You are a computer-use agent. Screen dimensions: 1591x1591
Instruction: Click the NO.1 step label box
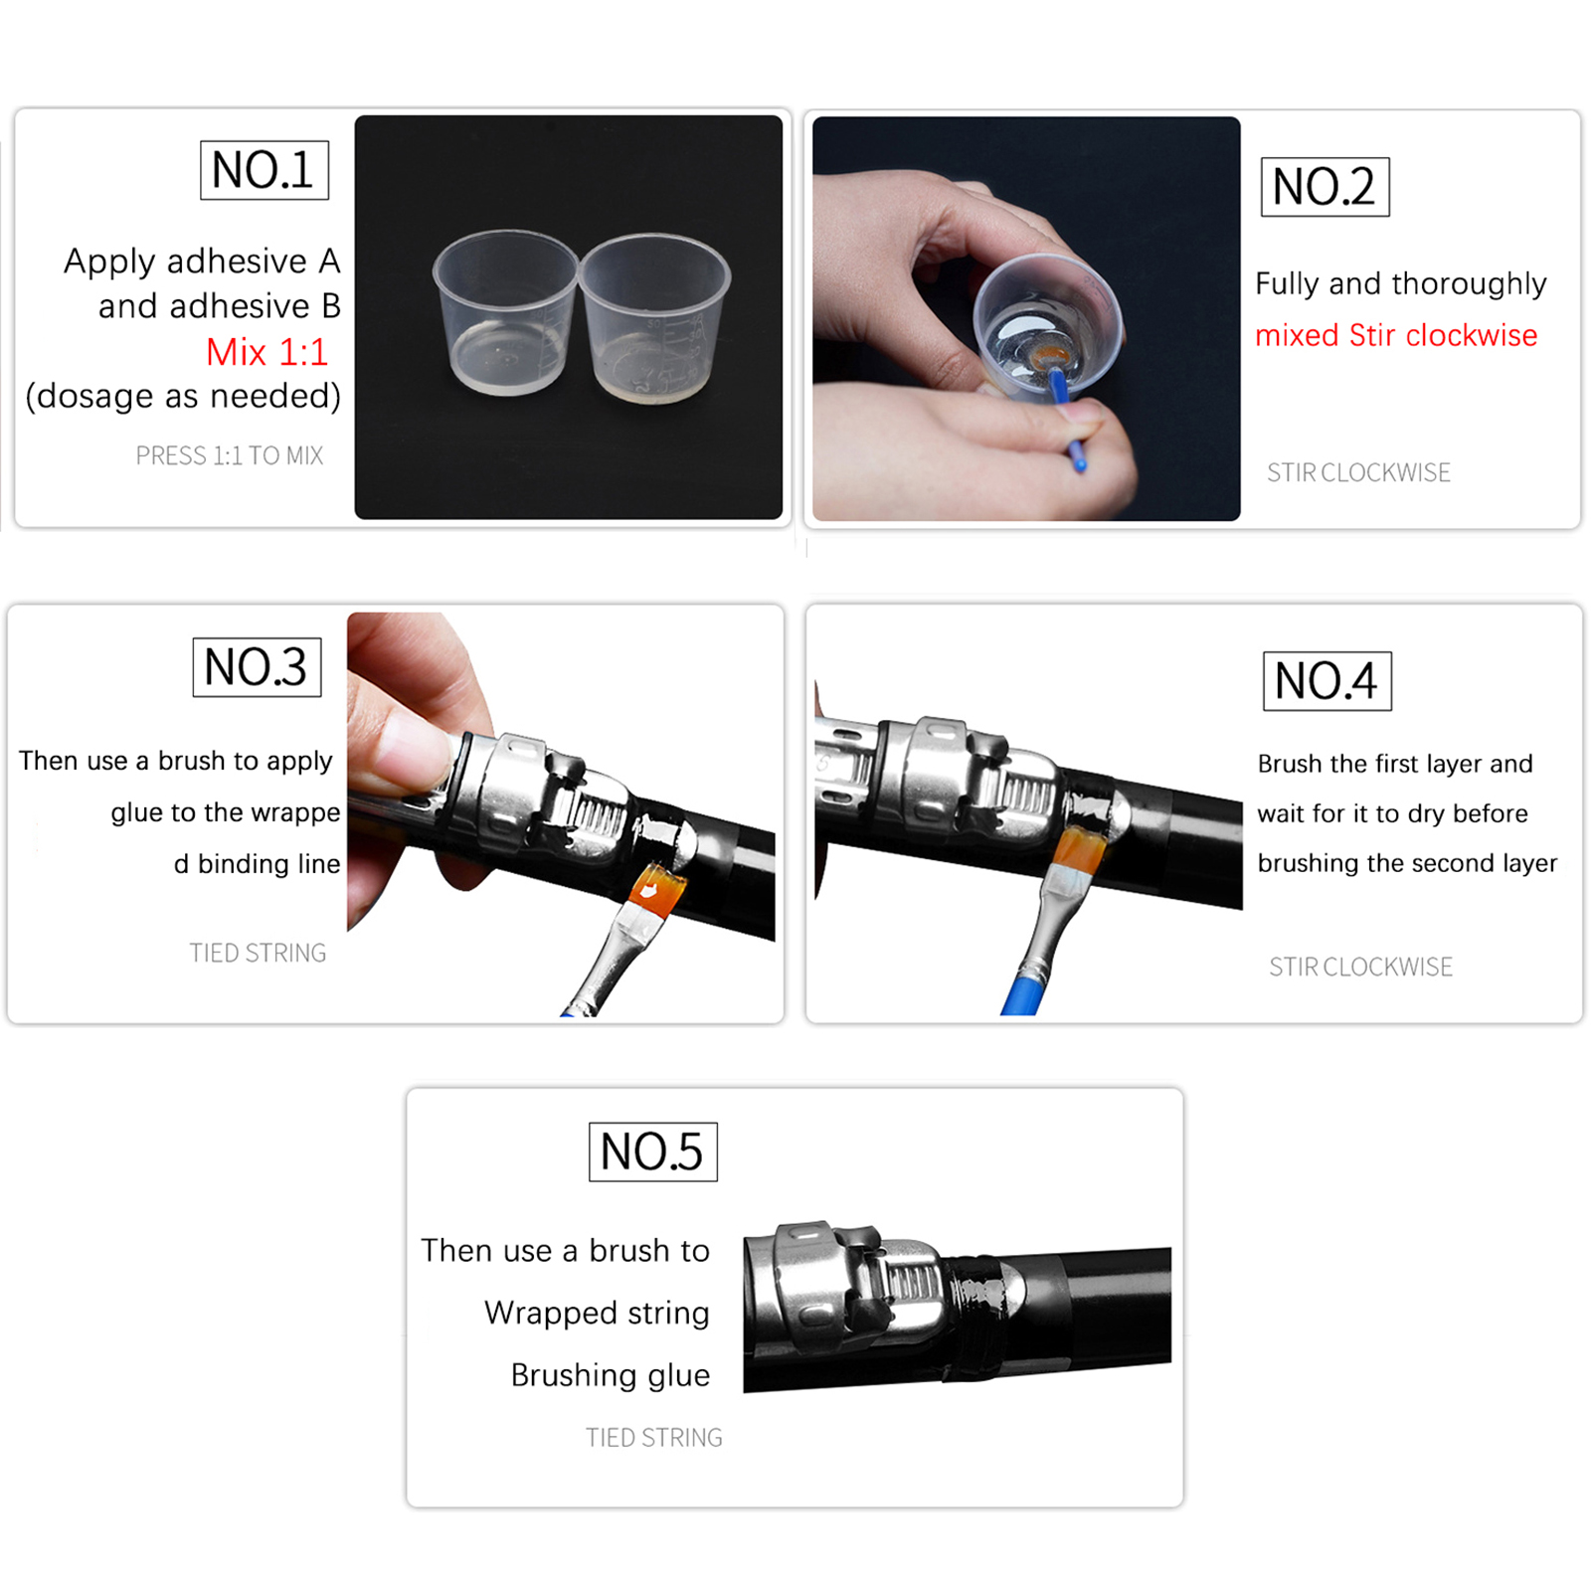(265, 170)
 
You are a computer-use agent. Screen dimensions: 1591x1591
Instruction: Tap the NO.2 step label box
(1325, 187)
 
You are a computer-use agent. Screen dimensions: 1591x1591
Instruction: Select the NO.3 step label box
(257, 667)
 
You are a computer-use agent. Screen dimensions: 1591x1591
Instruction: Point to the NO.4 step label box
(1327, 681)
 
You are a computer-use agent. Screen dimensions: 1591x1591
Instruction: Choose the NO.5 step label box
(652, 1151)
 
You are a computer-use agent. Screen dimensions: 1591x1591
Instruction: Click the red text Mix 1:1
(266, 352)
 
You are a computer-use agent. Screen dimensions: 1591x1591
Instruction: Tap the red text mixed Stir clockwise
(1396, 335)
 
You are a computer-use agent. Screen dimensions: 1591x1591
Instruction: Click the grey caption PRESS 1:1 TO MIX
(230, 455)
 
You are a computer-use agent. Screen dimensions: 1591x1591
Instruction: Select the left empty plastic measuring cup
(505, 312)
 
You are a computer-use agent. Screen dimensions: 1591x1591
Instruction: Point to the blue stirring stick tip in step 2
(1079, 462)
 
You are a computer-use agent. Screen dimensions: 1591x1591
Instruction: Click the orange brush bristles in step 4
(1076, 851)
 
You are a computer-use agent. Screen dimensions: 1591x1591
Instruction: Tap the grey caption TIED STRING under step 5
(654, 1438)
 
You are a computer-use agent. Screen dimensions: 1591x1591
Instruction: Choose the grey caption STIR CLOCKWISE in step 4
(1360, 967)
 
